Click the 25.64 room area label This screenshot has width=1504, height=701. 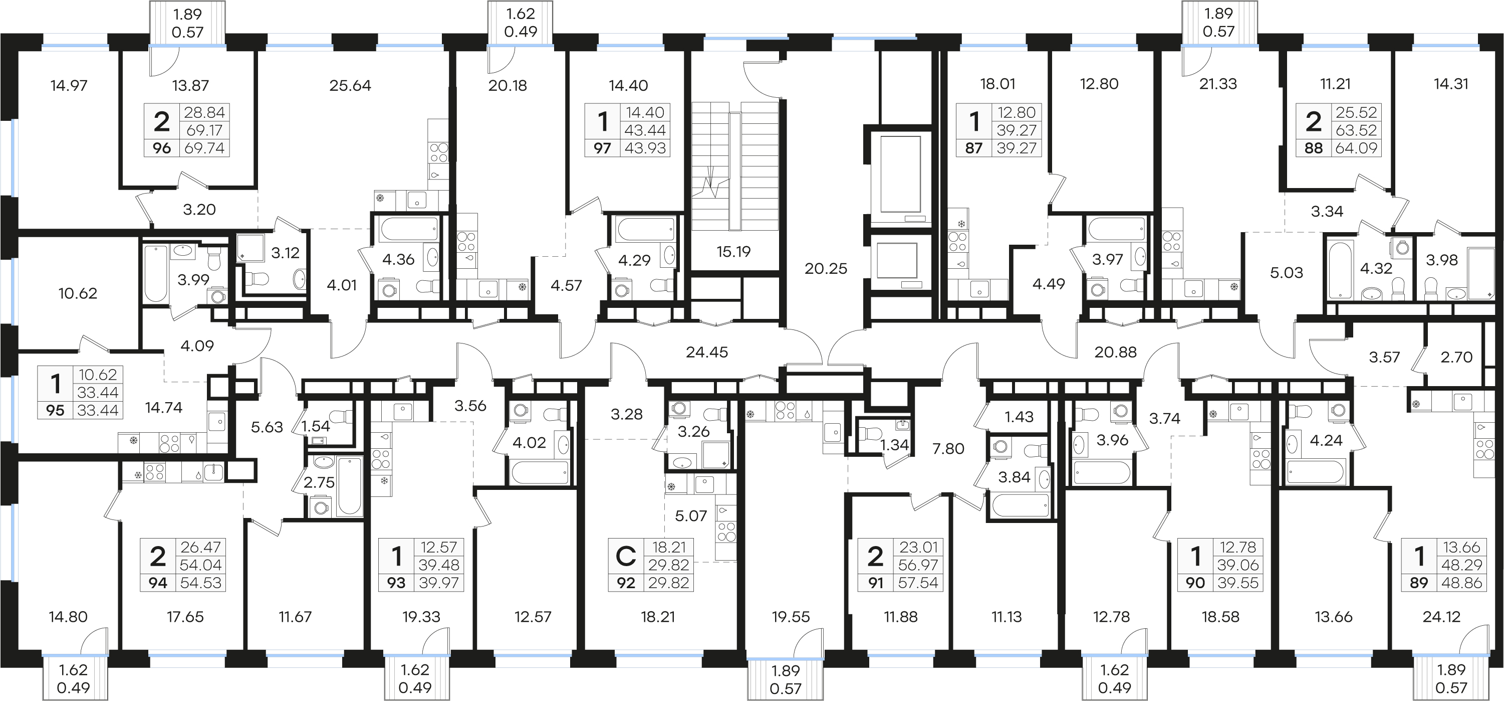point(350,86)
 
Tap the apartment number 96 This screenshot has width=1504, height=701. point(162,148)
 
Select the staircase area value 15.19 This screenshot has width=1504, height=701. point(733,252)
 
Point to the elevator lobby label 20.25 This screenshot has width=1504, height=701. point(826,269)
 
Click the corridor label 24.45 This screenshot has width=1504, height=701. point(706,352)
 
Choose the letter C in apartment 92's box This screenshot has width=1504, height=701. point(625,556)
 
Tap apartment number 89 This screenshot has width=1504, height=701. point(1419,583)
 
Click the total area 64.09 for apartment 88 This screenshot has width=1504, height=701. point(1356,148)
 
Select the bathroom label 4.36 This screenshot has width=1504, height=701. point(398,260)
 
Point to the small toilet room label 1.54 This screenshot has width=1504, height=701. point(316,426)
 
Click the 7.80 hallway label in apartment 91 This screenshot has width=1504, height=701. point(948,449)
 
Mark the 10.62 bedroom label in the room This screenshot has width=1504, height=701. point(78,294)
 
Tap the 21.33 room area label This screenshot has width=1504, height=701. point(1218,84)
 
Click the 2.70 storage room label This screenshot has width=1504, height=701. point(1456,357)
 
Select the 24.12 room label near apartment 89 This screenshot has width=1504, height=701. point(1441,617)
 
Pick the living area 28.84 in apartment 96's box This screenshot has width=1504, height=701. point(204,112)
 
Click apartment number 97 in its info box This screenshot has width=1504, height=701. point(602,148)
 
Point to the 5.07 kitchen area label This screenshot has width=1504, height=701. point(691,516)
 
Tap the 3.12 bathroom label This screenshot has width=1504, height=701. point(285,253)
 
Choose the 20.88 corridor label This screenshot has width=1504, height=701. point(1115,352)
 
